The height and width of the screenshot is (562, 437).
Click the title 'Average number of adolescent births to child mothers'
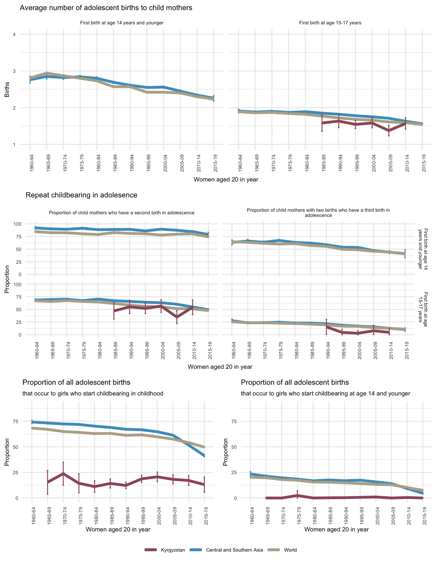tap(106, 8)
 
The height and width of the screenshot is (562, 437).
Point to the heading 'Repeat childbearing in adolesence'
tap(81, 195)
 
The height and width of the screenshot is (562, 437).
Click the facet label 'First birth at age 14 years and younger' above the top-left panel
tap(122, 23)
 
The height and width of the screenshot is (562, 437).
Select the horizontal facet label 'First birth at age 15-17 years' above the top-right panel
tap(330, 23)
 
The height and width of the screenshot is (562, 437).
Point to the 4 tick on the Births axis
tap(14, 34)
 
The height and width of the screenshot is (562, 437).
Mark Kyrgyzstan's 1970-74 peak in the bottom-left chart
tap(63, 474)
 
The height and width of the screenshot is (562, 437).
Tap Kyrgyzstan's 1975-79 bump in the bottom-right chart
tap(297, 495)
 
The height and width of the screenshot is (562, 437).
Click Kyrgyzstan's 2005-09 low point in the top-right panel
tap(389, 131)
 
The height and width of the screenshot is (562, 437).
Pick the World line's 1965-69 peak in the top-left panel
tap(46, 73)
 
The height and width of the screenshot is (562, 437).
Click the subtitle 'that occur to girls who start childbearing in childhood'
tap(93, 394)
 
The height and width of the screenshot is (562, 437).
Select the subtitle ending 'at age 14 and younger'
tap(325, 394)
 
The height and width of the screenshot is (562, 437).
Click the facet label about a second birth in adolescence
tap(122, 213)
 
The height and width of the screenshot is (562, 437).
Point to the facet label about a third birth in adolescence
tap(318, 213)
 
